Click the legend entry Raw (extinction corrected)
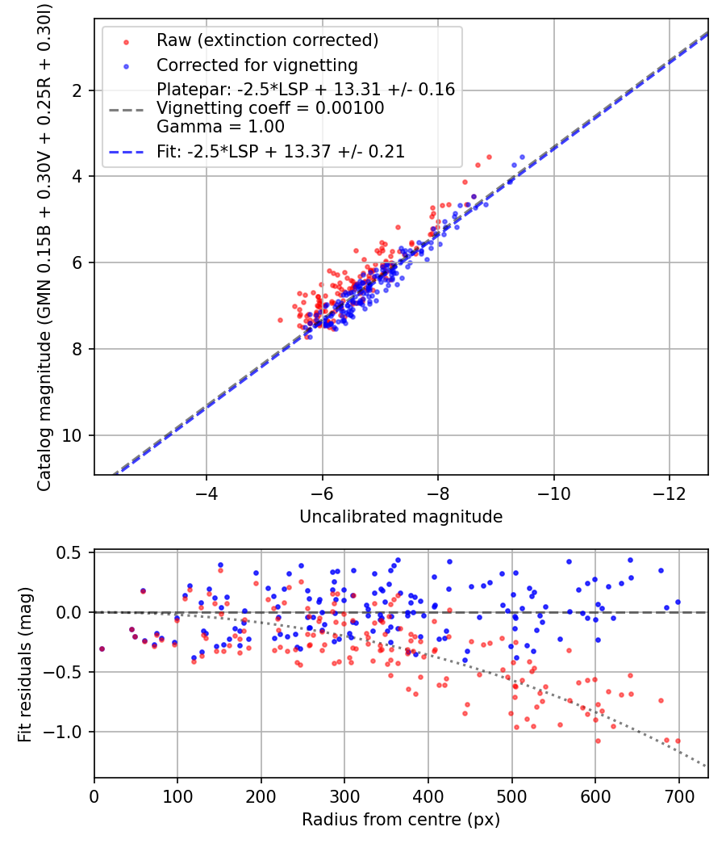click(x=267, y=40)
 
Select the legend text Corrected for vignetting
click(x=257, y=65)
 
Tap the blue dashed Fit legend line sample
click(x=127, y=153)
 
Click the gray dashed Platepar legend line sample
click(x=127, y=110)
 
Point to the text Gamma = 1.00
click(x=220, y=127)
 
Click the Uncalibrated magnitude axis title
click(x=401, y=517)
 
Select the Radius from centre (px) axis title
click(x=401, y=820)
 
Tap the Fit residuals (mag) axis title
click(x=25, y=664)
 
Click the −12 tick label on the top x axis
click(x=669, y=493)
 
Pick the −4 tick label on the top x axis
click(x=206, y=493)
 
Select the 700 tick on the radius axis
click(x=678, y=796)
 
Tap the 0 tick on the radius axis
click(x=94, y=796)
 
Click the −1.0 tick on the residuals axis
click(x=63, y=732)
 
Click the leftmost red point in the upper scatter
click(x=281, y=320)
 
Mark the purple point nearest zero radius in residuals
click(x=102, y=649)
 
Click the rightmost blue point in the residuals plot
click(x=678, y=602)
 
